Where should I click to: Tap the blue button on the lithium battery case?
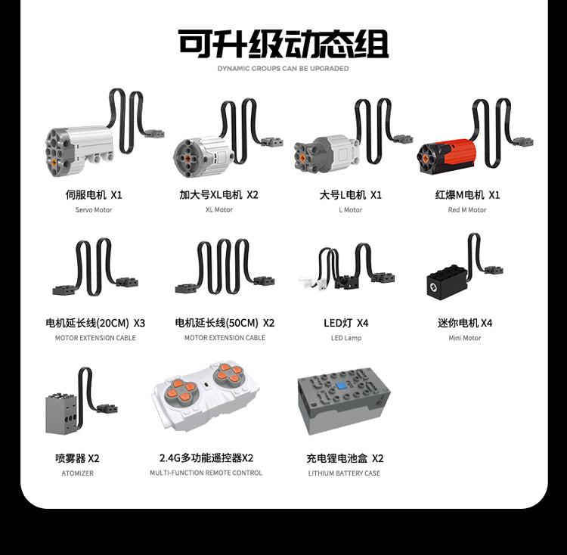(342, 386)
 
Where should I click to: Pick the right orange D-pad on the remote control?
(228, 374)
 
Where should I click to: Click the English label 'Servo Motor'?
(94, 209)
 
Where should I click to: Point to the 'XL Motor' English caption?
(219, 209)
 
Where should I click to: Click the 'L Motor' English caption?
(350, 209)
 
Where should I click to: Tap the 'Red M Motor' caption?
(467, 209)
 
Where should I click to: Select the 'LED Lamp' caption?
(346, 338)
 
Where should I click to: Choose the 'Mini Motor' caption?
(465, 338)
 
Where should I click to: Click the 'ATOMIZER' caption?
(77, 473)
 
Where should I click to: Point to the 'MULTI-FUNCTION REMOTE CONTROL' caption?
(206, 473)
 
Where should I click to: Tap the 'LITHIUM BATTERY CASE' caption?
(344, 473)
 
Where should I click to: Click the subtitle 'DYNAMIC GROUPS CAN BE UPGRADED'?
(283, 68)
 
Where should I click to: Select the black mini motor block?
(448, 283)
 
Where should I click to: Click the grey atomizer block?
(61, 414)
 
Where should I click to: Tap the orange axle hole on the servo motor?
(54, 163)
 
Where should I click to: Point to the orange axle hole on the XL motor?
(188, 158)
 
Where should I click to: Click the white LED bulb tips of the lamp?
(310, 282)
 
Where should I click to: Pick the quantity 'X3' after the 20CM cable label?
(139, 323)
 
